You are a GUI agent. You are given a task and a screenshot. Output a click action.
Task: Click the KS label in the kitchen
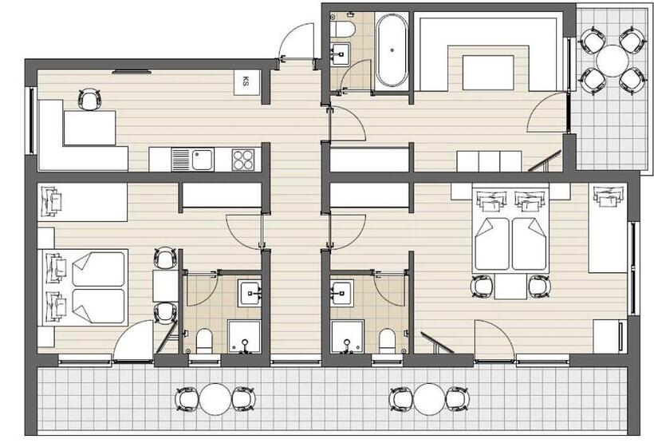(246, 81)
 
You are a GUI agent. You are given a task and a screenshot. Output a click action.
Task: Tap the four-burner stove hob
(243, 160)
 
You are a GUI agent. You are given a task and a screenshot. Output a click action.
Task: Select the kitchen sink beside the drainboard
(203, 160)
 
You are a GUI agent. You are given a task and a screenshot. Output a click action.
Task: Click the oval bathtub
(392, 50)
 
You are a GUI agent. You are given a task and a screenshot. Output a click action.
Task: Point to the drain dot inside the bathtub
(392, 50)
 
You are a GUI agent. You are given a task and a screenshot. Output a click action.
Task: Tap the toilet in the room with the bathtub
(342, 30)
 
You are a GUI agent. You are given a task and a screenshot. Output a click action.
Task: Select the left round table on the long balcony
(215, 399)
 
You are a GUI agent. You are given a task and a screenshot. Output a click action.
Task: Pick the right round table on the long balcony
(429, 399)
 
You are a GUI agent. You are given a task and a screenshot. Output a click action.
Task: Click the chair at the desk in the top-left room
(89, 99)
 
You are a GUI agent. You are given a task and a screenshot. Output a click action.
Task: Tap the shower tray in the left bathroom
(244, 336)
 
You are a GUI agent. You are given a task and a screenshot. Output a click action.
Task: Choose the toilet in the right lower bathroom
(387, 341)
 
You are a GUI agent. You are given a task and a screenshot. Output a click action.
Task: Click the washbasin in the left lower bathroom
(250, 293)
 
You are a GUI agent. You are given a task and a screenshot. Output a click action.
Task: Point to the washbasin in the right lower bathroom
(342, 293)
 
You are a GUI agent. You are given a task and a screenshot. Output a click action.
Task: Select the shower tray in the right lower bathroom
(347, 336)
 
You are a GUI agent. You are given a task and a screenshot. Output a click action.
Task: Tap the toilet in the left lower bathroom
(204, 341)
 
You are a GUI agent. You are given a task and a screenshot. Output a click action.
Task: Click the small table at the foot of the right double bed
(510, 287)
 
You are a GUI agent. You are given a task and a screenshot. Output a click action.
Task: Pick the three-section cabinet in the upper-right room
(489, 161)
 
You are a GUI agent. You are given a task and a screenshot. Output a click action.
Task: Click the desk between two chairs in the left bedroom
(165, 286)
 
